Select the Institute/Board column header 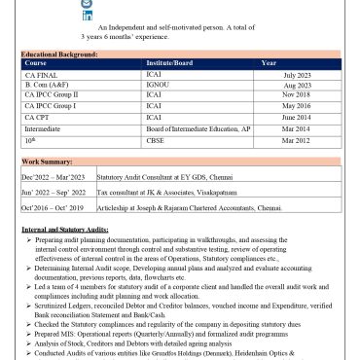[168, 63]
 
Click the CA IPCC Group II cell [51, 95]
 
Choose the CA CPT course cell [40, 117]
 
